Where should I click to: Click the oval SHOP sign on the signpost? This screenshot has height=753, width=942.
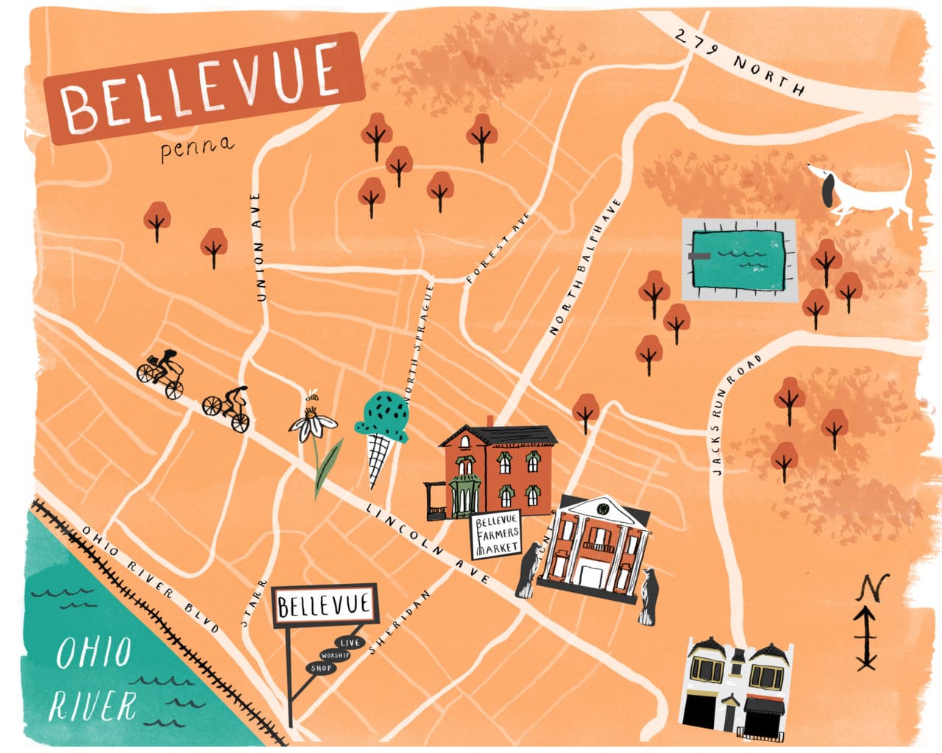(x=321, y=668)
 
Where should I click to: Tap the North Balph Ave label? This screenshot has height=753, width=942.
(x=584, y=268)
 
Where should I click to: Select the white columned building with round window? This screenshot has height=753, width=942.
(x=596, y=548)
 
